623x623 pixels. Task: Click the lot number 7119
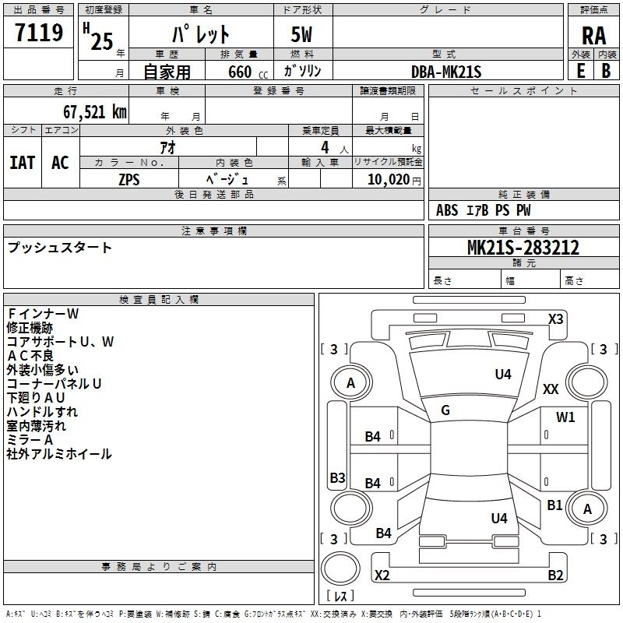[39, 33]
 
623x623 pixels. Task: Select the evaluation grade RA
[593, 36]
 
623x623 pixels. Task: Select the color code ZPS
[129, 178]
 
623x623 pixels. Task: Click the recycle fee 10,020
[385, 179]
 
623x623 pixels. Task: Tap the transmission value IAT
[22, 163]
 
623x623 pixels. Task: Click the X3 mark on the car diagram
[556, 319]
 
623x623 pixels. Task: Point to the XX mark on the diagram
[551, 389]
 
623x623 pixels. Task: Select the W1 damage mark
[565, 417]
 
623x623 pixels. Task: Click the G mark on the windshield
[445, 410]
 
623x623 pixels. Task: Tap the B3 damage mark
[337, 477]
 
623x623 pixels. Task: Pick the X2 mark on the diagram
[382, 575]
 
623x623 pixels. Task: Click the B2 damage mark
[555, 575]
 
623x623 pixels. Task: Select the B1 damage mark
[554, 505]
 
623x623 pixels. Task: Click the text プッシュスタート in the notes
[60, 248]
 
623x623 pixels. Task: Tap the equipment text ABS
[447, 210]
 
